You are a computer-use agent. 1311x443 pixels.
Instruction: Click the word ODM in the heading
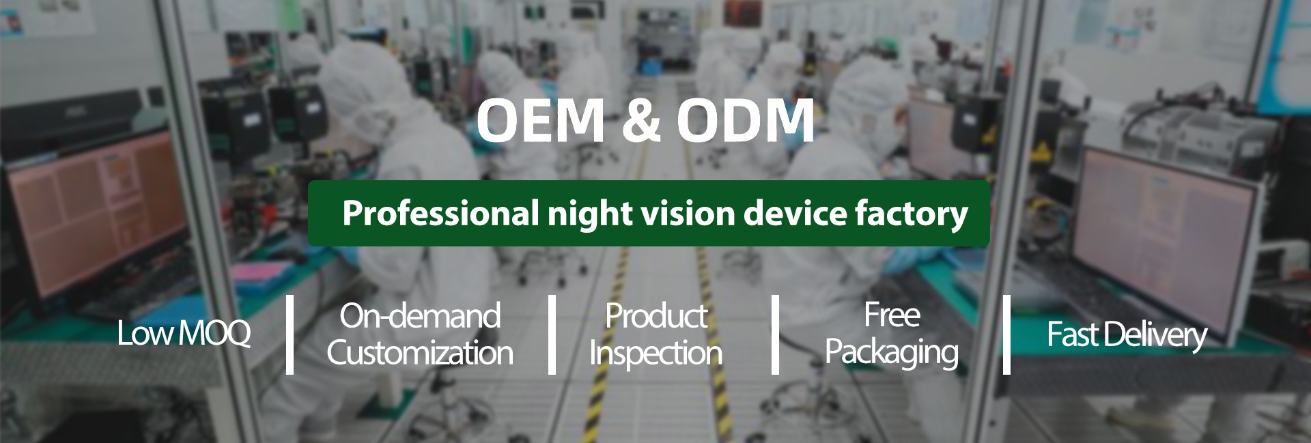tap(746, 121)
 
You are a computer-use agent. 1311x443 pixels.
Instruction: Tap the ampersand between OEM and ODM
tap(640, 121)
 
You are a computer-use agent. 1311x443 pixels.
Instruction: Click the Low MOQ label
tap(184, 334)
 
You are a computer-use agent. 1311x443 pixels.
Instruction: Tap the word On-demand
tap(420, 316)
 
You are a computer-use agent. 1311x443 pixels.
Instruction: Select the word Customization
tap(420, 353)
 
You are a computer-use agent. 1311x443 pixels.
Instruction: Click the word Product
tap(656, 316)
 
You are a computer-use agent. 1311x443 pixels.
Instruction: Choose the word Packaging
tap(892, 353)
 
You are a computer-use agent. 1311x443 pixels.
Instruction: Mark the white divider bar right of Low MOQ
tap(290, 334)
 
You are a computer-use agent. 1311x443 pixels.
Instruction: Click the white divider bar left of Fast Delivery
tap(1006, 334)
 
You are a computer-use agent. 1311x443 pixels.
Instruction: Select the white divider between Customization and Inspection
tap(552, 334)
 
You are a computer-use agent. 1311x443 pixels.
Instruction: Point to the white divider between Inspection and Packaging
tap(775, 334)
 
